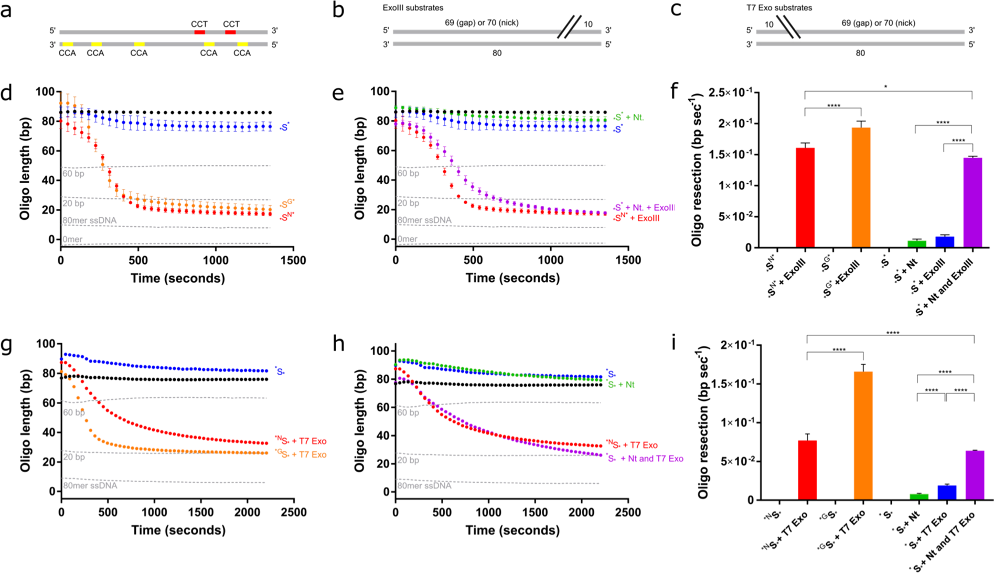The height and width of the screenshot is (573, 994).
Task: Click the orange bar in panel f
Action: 861,187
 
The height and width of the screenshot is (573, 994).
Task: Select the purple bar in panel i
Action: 974,475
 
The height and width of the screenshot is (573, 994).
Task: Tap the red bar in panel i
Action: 807,470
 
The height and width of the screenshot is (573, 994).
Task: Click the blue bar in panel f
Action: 944,242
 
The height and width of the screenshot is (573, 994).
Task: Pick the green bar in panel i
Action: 918,496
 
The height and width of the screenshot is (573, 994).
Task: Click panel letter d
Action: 7,94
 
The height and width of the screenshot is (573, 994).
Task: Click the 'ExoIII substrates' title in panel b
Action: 412,8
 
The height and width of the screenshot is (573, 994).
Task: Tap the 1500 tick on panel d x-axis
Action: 293,260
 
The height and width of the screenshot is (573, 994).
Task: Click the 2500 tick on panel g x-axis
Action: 293,512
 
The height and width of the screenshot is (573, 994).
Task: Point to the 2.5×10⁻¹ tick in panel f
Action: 730,92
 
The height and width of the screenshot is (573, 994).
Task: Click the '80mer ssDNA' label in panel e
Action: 424,220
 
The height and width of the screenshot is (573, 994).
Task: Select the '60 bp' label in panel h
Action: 408,412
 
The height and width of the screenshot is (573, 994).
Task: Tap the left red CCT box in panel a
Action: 199,33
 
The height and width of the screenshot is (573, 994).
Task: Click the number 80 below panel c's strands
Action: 860,53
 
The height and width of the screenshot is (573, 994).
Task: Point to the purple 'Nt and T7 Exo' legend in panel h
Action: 645,459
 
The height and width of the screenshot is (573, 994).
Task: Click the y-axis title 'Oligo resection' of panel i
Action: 703,422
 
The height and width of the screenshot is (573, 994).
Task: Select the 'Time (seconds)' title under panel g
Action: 178,530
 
